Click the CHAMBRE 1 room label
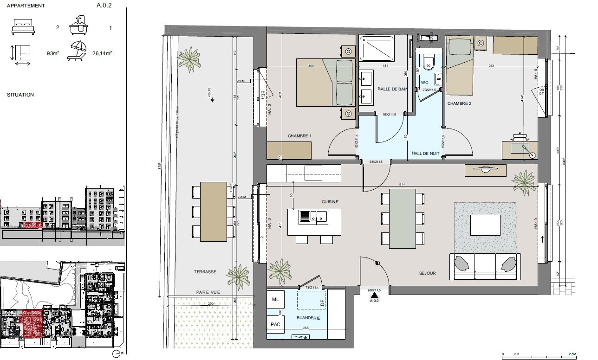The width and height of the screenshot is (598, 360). (299, 136)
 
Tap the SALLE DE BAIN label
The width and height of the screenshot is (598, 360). (393, 89)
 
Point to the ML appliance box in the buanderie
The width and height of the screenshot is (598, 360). (275, 300)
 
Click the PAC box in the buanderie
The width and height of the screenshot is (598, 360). (275, 324)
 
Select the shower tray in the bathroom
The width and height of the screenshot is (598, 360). (377, 49)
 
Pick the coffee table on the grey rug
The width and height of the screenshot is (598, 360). (485, 225)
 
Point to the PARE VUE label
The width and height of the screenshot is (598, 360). (208, 292)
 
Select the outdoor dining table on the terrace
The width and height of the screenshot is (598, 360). (214, 212)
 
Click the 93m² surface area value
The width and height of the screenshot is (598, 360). (52, 53)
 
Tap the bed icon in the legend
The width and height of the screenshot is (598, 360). (23, 28)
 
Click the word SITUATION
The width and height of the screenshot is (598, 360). (20, 95)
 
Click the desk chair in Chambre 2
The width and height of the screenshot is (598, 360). (520, 137)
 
